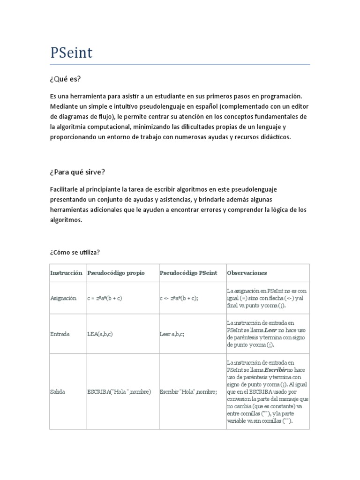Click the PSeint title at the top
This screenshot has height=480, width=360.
(x=71, y=52)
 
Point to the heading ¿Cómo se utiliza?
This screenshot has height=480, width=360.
(x=75, y=252)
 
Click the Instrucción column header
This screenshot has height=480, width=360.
(x=66, y=273)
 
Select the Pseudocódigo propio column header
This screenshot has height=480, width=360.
(x=116, y=273)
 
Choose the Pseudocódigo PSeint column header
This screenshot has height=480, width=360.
(x=188, y=273)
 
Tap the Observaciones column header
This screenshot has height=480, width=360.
(x=247, y=273)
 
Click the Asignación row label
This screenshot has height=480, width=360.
(x=63, y=298)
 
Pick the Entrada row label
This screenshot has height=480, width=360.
(x=60, y=334)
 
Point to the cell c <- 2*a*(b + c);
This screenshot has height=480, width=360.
(x=179, y=298)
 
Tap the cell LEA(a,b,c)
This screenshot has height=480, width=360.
(x=100, y=334)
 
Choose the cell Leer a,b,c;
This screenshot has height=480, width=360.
(x=173, y=334)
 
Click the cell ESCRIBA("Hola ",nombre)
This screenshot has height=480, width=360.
(x=119, y=391)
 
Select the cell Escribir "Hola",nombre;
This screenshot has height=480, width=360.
(x=188, y=391)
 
